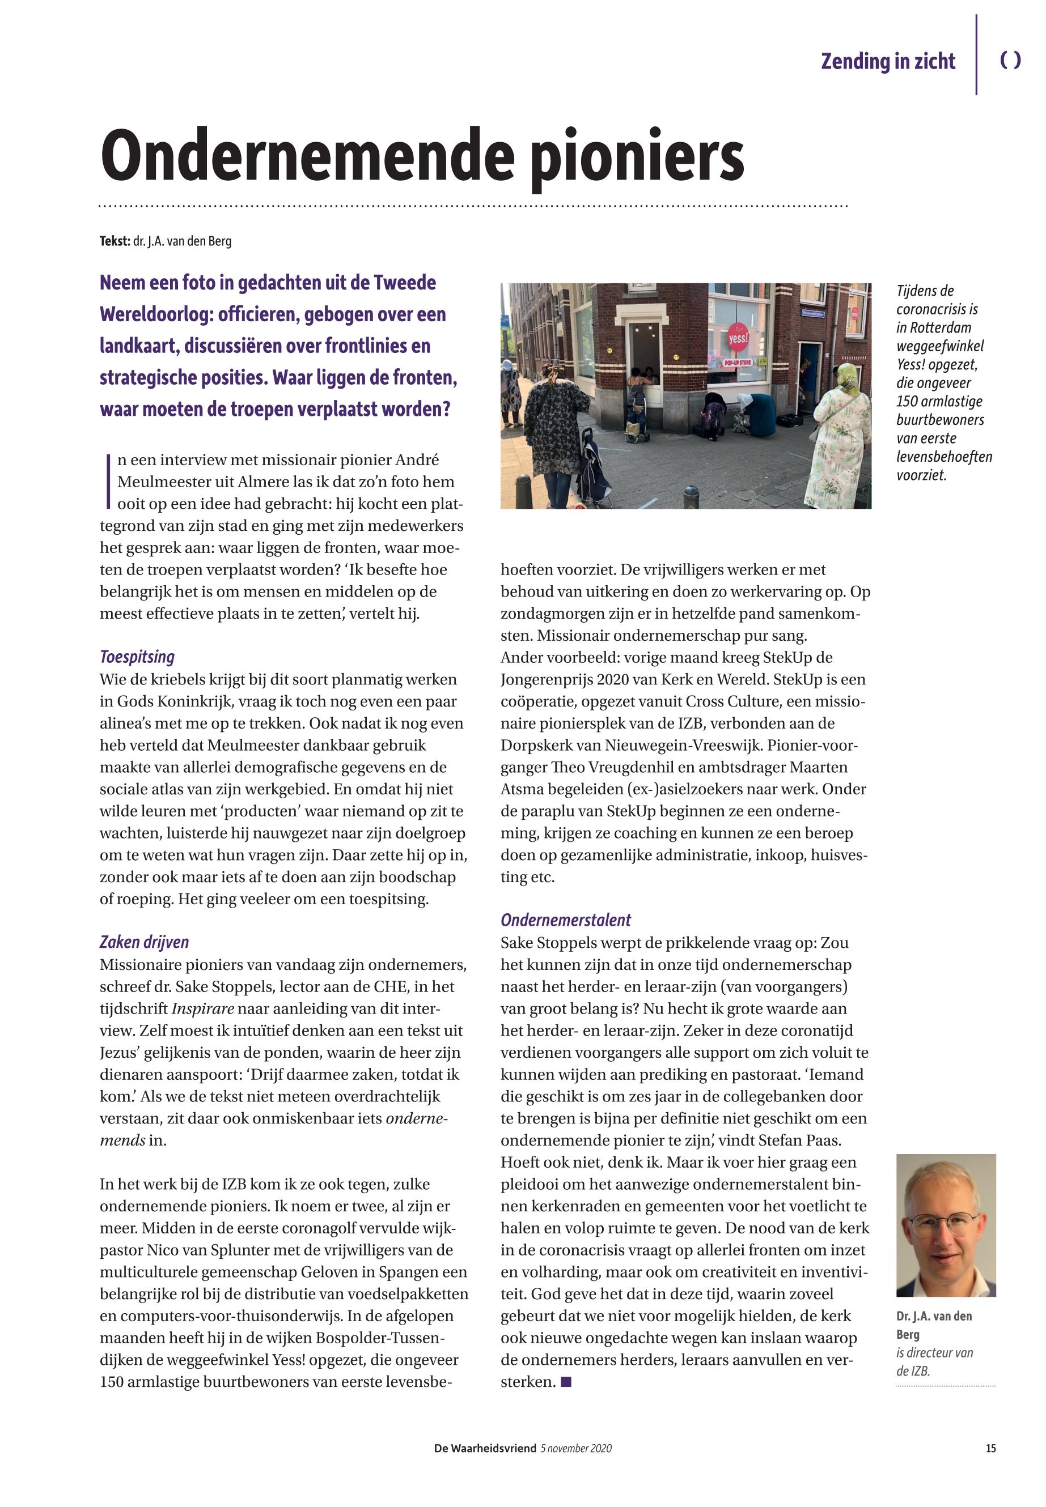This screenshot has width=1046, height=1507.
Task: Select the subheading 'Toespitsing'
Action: click(x=137, y=657)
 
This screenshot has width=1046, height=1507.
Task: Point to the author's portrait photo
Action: click(x=946, y=1225)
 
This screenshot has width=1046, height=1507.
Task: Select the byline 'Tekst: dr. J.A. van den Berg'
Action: click(x=165, y=241)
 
